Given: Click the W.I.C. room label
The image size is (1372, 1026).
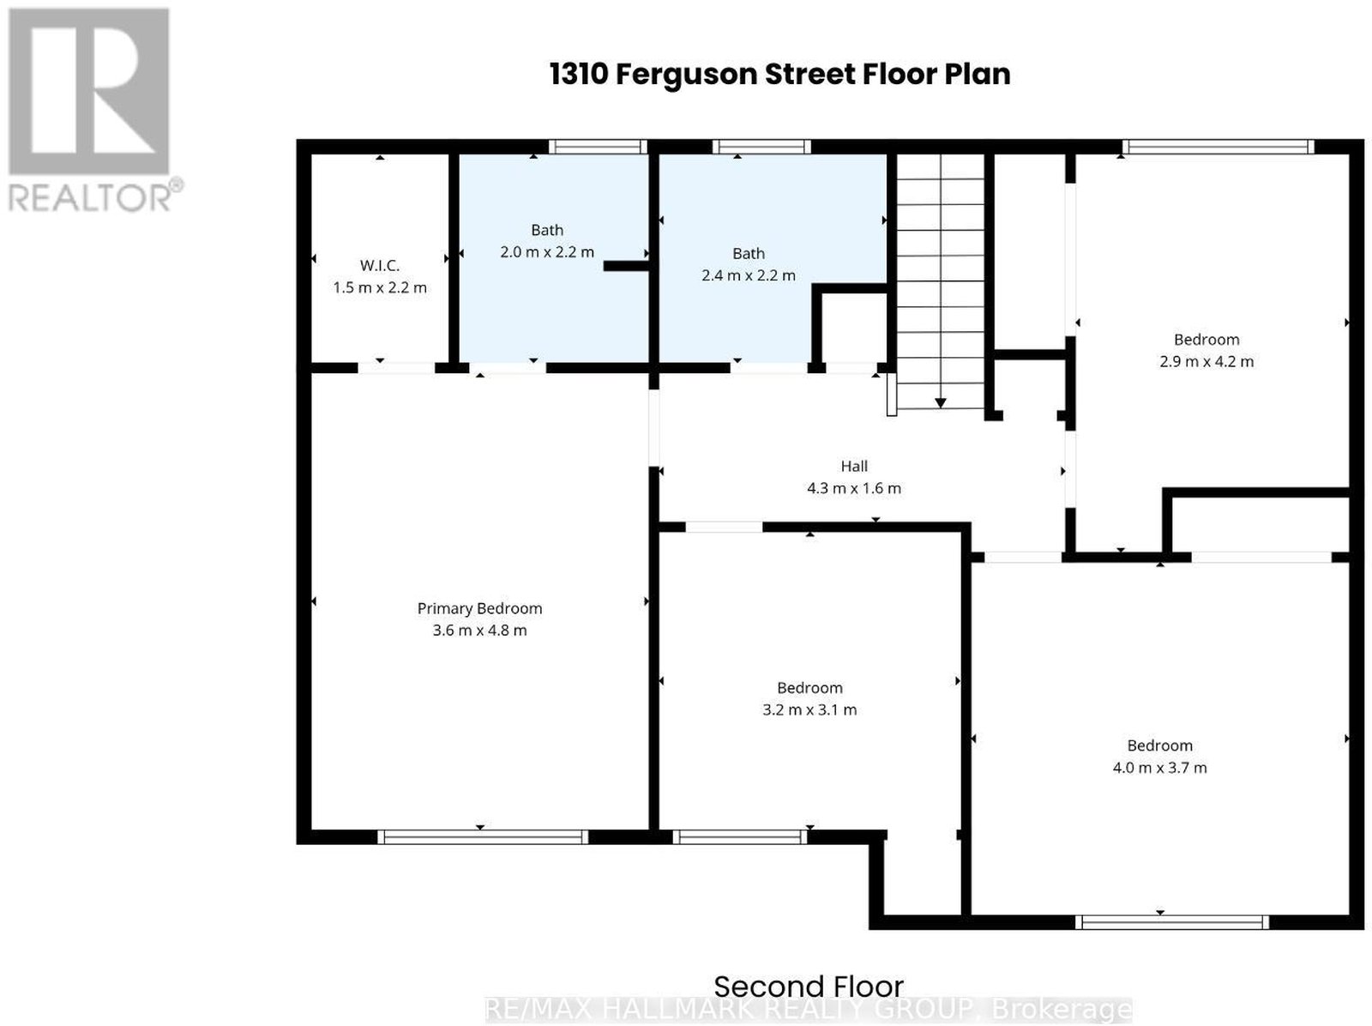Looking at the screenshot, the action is pyautogui.click(x=379, y=265).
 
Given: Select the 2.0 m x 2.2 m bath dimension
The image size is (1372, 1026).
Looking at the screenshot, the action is pyautogui.click(x=547, y=252).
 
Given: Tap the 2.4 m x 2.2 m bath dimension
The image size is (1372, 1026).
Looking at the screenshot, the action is pyautogui.click(x=749, y=275).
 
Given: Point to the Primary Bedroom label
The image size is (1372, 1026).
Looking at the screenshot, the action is pyautogui.click(x=479, y=608).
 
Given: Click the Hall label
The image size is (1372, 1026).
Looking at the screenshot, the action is pyautogui.click(x=854, y=466).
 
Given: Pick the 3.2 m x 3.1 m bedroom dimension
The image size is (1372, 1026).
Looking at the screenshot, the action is pyautogui.click(x=809, y=709).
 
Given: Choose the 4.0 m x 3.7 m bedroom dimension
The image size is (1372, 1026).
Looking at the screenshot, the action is pyautogui.click(x=1159, y=767).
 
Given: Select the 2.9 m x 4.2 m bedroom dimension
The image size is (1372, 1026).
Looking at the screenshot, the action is pyautogui.click(x=1207, y=361).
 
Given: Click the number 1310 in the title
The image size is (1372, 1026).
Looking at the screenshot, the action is pyautogui.click(x=579, y=75).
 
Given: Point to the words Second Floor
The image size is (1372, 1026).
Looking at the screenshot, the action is pyautogui.click(x=809, y=987).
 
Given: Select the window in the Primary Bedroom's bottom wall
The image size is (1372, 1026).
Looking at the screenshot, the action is pyautogui.click(x=483, y=836).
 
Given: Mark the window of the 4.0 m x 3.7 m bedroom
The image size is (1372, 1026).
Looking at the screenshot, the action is pyautogui.click(x=1172, y=922).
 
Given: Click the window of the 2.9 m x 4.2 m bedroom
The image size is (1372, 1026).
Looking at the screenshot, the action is pyautogui.click(x=1219, y=147).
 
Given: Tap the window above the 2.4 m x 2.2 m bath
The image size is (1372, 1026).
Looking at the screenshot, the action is pyautogui.click(x=761, y=147).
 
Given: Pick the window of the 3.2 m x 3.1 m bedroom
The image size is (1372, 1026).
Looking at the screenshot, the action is pyautogui.click(x=740, y=836).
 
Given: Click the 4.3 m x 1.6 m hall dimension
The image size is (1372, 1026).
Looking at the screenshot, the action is pyautogui.click(x=854, y=488).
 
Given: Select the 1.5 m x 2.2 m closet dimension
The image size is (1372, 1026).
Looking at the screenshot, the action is pyautogui.click(x=379, y=287).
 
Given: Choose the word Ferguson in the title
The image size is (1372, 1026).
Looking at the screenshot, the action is pyautogui.click(x=686, y=75).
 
